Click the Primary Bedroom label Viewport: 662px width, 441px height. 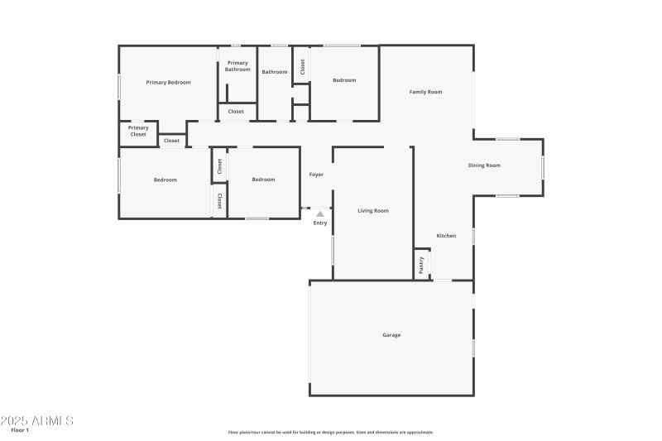(x=168, y=82)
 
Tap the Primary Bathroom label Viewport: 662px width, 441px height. (x=237, y=66)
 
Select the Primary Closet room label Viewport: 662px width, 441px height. (x=138, y=131)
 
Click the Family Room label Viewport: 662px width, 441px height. (x=425, y=92)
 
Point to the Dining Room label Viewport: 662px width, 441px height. (x=484, y=165)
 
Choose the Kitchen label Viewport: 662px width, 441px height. (x=446, y=236)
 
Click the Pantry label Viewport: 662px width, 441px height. (x=421, y=265)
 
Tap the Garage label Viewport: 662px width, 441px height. (x=391, y=335)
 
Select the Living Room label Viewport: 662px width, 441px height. (x=372, y=211)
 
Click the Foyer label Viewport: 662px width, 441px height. (x=316, y=175)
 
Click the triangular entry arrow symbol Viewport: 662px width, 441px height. (x=320, y=213)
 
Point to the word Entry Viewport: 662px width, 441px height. (x=320, y=223)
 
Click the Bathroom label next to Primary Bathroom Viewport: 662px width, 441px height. (x=275, y=72)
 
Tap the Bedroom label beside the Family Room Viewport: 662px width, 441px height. (x=344, y=80)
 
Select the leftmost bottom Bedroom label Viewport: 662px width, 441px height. (x=165, y=180)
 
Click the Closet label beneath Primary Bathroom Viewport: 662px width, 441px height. (x=236, y=111)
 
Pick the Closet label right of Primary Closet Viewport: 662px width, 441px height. (x=171, y=141)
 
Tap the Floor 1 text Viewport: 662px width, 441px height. (x=20, y=430)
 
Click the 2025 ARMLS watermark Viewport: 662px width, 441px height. (x=37, y=420)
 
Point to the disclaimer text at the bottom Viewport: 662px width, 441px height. (x=331, y=432)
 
